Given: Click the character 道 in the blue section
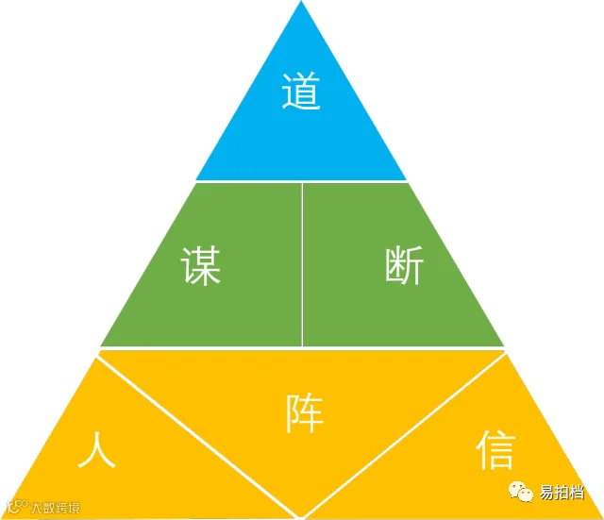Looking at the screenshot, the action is (x=301, y=92).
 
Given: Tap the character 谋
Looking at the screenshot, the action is (x=202, y=266).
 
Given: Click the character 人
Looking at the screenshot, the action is (x=97, y=450).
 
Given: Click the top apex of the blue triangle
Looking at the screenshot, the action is (x=302, y=4).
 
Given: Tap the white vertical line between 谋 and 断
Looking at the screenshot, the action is (x=302, y=264).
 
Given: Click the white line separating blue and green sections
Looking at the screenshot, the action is (x=301, y=181).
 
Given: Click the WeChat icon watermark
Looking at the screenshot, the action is (x=520, y=492).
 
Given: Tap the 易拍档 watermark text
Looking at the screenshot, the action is (x=562, y=493).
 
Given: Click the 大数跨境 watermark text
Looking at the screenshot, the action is (x=56, y=507).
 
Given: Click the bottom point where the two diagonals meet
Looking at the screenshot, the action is (x=302, y=515).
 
